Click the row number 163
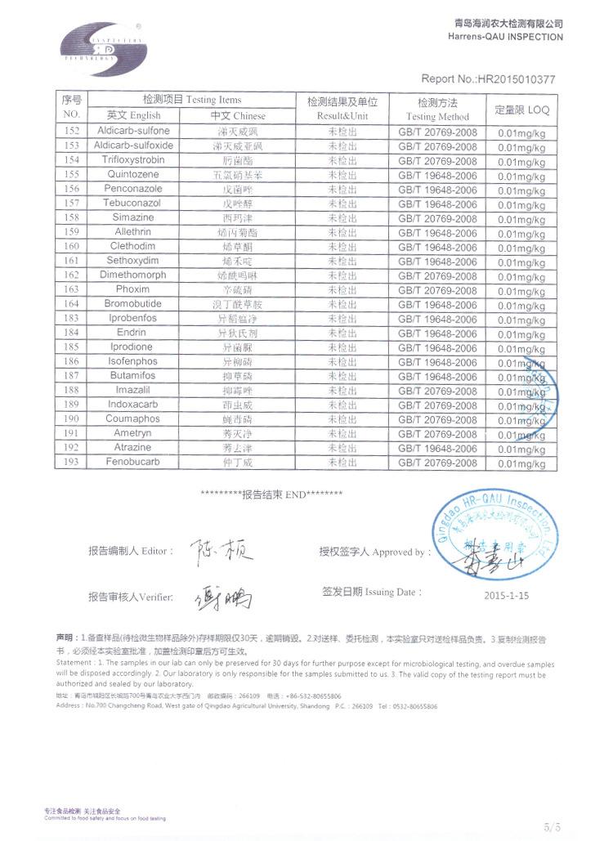[x=71, y=289]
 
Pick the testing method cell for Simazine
[x=437, y=218]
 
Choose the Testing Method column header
[x=437, y=110]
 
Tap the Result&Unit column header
[x=342, y=109]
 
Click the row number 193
[x=71, y=463]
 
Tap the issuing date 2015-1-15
[x=507, y=596]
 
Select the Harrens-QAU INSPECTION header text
[x=506, y=37]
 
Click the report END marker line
[x=271, y=494]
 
